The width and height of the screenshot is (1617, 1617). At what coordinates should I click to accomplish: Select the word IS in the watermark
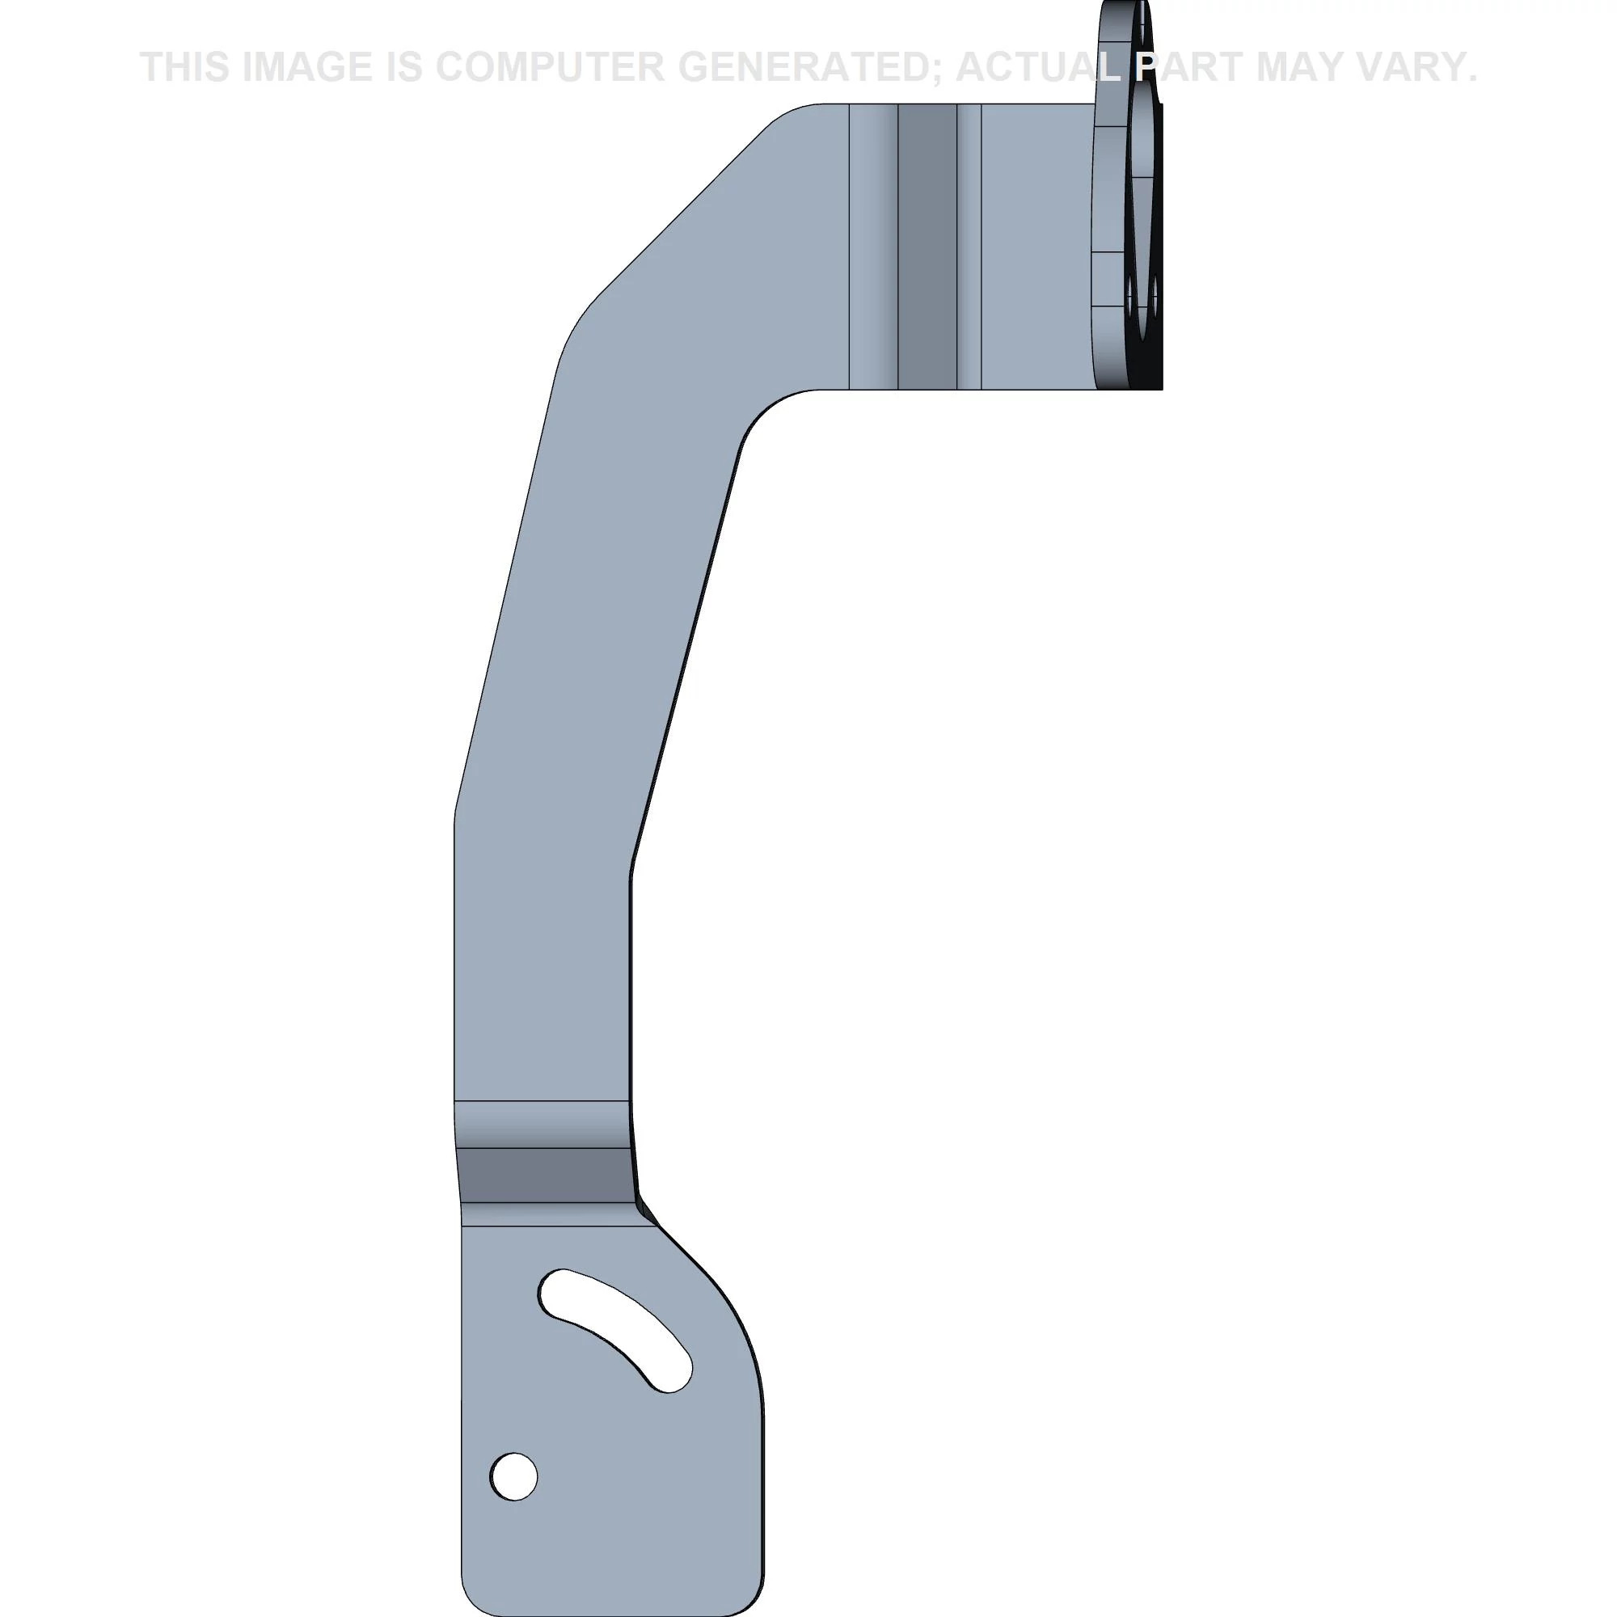point(406,67)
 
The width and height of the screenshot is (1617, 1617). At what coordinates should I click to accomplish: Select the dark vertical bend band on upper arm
point(927,247)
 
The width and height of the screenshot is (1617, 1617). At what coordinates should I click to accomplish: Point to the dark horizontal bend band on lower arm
point(544,1174)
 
